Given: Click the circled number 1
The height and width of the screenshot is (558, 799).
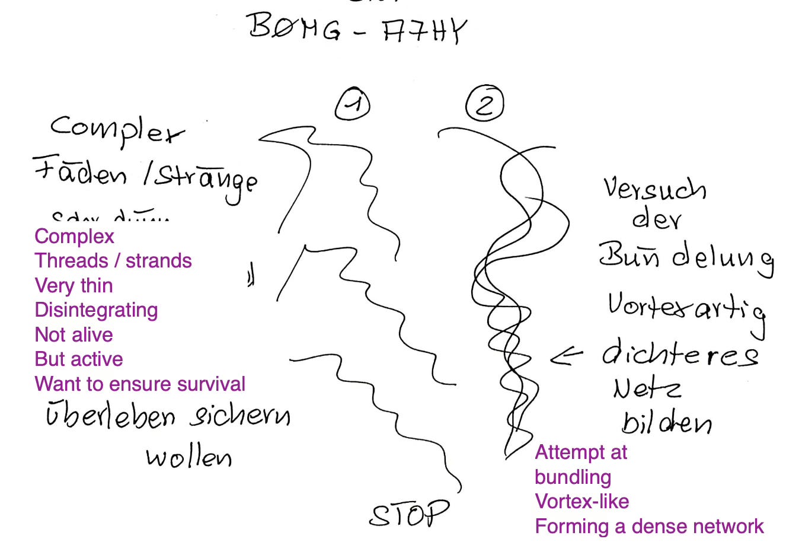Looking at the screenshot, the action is click(353, 104).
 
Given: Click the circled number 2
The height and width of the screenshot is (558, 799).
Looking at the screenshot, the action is click(485, 104).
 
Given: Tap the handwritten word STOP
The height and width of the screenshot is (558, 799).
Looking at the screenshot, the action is click(409, 514).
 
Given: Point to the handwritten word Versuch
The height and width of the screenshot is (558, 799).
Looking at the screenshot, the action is click(654, 189).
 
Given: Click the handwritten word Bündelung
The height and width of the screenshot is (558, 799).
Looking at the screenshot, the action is click(686, 257).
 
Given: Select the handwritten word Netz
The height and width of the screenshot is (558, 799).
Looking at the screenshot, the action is click(647, 388).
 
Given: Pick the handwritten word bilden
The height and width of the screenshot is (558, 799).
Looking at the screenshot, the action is click(666, 422).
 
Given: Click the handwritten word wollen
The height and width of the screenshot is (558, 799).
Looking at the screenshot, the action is click(188, 457).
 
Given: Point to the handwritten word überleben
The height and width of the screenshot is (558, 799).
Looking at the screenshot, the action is click(111, 415).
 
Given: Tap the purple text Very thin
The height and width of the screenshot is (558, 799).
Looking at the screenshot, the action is click(73, 286).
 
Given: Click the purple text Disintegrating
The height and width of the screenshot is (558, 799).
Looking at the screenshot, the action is click(96, 310).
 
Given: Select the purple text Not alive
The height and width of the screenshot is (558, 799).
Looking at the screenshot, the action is click(73, 335).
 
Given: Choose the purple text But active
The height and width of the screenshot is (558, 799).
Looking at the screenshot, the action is click(79, 359).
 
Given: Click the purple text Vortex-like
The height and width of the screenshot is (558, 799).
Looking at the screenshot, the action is click(581, 502).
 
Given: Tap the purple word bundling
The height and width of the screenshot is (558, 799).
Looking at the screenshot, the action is click(573, 477).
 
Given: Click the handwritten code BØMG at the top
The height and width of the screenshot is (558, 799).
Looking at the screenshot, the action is click(295, 27).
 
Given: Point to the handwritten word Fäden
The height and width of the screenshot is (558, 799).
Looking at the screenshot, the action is click(79, 172).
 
